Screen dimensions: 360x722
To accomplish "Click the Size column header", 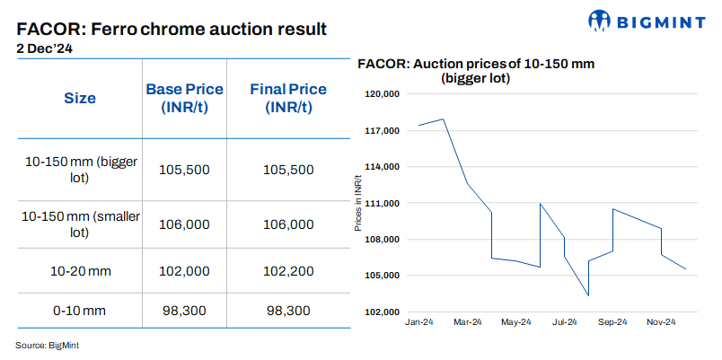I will pyautogui.click(x=80, y=99).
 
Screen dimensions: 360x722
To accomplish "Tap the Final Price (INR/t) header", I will pyautogui.click(x=288, y=99).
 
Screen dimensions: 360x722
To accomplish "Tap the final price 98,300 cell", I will pyautogui.click(x=288, y=311).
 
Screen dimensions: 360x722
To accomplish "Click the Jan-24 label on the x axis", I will pyautogui.click(x=419, y=322).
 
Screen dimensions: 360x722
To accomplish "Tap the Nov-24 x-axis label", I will pyautogui.click(x=661, y=322).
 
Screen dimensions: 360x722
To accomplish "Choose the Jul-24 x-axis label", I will pyautogui.click(x=564, y=322).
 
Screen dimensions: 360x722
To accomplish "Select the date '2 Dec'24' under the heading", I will pyautogui.click(x=45, y=50).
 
